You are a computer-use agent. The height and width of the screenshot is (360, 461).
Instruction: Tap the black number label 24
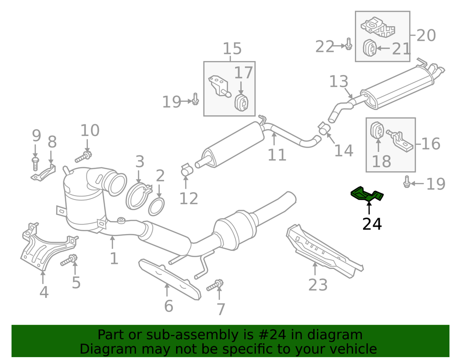coord(372,224)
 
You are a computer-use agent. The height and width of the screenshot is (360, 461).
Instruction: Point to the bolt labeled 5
coord(69,261)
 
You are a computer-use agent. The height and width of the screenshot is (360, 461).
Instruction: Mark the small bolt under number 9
coord(35,162)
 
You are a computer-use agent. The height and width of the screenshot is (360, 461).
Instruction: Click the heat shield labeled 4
coord(43,248)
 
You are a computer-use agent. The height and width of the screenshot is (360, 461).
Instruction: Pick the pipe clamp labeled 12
coord(186,170)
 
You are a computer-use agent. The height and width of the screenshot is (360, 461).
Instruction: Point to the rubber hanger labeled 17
coord(241,102)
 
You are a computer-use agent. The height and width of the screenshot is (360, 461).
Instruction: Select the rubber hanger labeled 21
coord(370,49)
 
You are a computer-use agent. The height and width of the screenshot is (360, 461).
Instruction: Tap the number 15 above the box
coord(232,49)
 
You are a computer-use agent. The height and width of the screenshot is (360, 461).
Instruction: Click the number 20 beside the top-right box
coord(425,35)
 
